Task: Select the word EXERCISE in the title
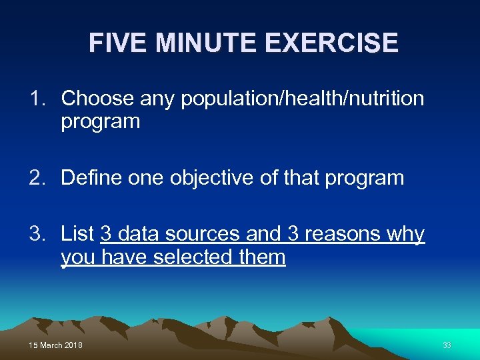pyautogui.click(x=331, y=43)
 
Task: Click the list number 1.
pyautogui.click(x=37, y=99)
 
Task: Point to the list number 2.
pyautogui.click(x=37, y=178)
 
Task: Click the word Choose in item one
pyautogui.click(x=97, y=99)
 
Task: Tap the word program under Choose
pyautogui.click(x=100, y=122)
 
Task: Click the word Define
pyautogui.click(x=89, y=178)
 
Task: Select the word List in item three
pyautogui.click(x=77, y=234)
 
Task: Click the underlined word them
pyautogui.click(x=265, y=257)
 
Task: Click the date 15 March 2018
pyautogui.click(x=56, y=345)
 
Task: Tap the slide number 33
pyautogui.click(x=447, y=345)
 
